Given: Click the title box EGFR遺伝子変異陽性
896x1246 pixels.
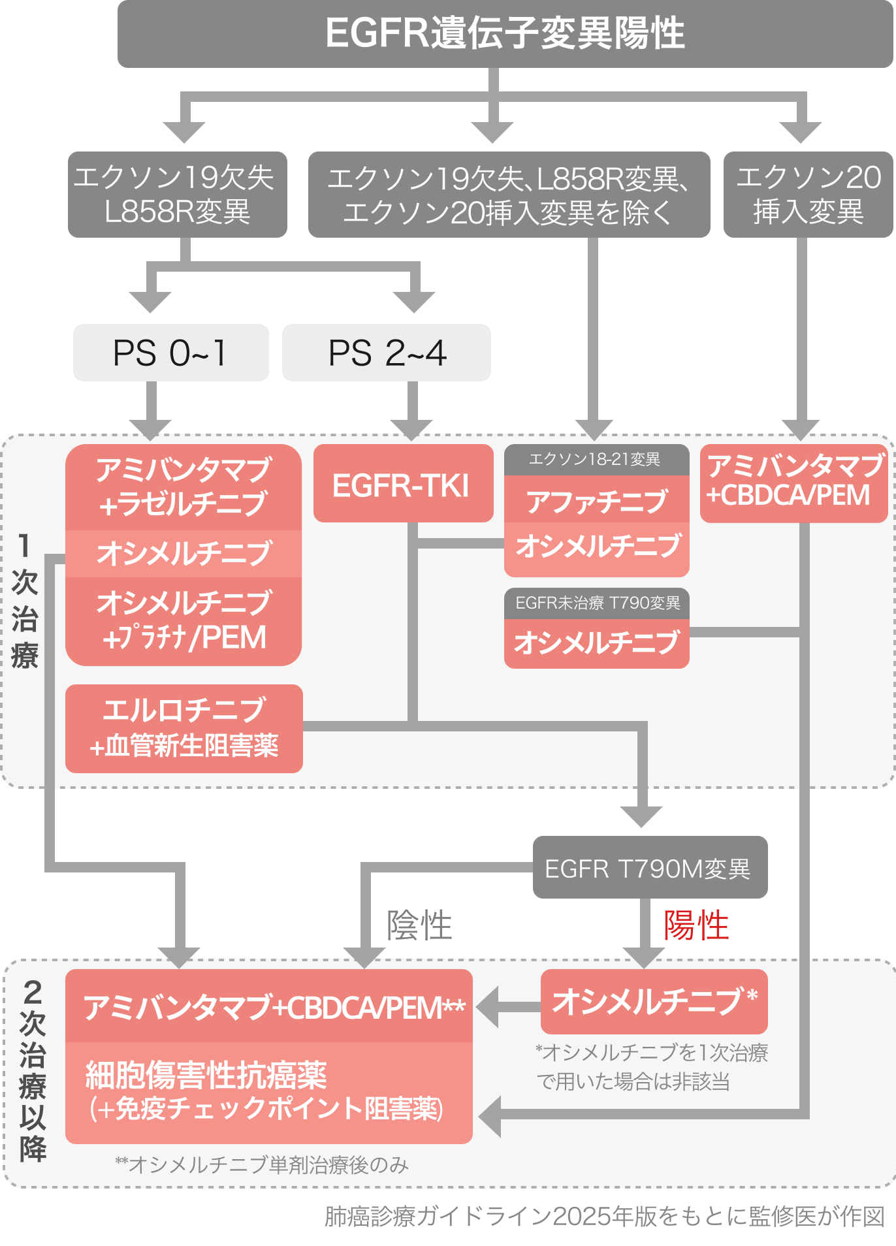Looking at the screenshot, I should (505, 34).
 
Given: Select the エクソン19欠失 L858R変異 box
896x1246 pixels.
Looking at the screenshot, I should (177, 195).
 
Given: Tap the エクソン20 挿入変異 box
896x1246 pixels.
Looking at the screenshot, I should (808, 195).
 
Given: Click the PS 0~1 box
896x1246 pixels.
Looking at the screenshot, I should (170, 353).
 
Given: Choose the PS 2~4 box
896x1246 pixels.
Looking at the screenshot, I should (387, 353).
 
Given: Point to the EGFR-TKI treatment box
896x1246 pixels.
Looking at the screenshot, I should (402, 485).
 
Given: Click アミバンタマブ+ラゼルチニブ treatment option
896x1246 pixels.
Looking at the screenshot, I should (183, 487).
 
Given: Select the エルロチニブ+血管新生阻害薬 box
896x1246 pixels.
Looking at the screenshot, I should (184, 728).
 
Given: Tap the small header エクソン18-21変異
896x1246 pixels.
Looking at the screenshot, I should (596, 460).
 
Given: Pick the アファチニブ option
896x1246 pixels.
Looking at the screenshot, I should (596, 500).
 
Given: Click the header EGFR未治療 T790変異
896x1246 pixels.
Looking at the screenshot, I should (597, 603).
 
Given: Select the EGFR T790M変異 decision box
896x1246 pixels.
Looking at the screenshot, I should (649, 868).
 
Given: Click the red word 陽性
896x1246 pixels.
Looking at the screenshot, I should (696, 926).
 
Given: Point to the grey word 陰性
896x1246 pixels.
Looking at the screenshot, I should (419, 926).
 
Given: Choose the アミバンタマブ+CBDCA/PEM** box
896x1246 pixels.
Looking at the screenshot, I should (269, 1007).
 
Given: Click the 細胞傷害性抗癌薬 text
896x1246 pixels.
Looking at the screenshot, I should (206, 1075).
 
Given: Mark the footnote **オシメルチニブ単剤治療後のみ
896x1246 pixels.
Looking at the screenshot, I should (261, 1165).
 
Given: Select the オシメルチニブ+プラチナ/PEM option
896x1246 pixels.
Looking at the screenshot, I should (183, 620).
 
